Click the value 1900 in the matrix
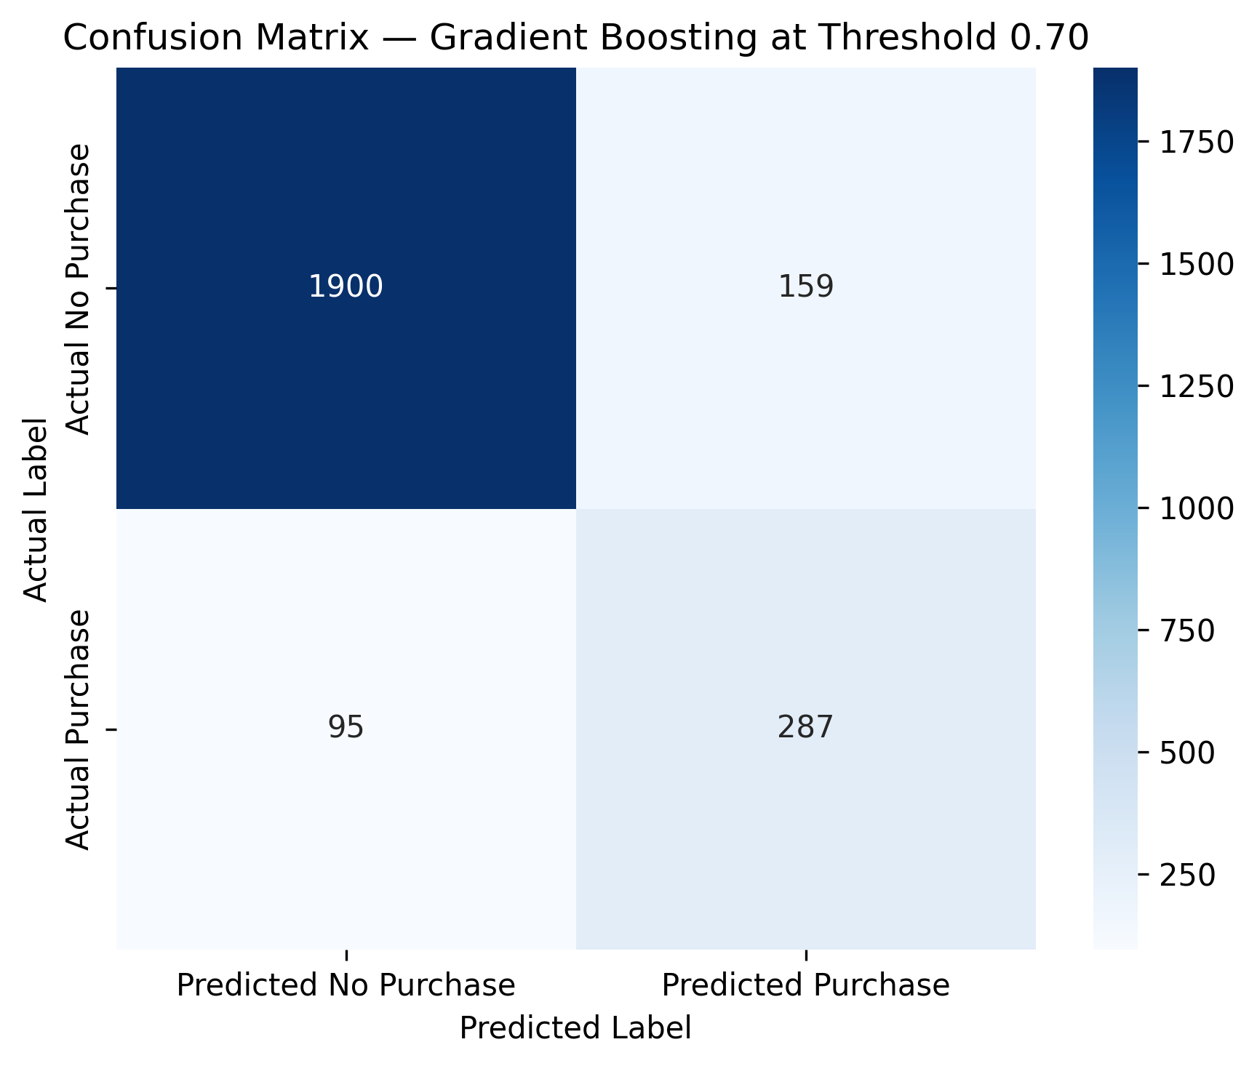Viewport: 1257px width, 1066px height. coord(346,288)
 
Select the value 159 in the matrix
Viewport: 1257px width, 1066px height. coord(806,288)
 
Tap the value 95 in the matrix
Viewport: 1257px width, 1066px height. coord(346,728)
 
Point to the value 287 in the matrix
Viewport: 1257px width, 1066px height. coord(806,728)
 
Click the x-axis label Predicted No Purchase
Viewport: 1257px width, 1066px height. coord(346,985)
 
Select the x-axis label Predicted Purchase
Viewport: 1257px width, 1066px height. coord(806,985)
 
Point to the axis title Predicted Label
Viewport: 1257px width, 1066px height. coord(575,1028)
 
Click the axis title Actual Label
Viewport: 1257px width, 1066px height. coord(36,509)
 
